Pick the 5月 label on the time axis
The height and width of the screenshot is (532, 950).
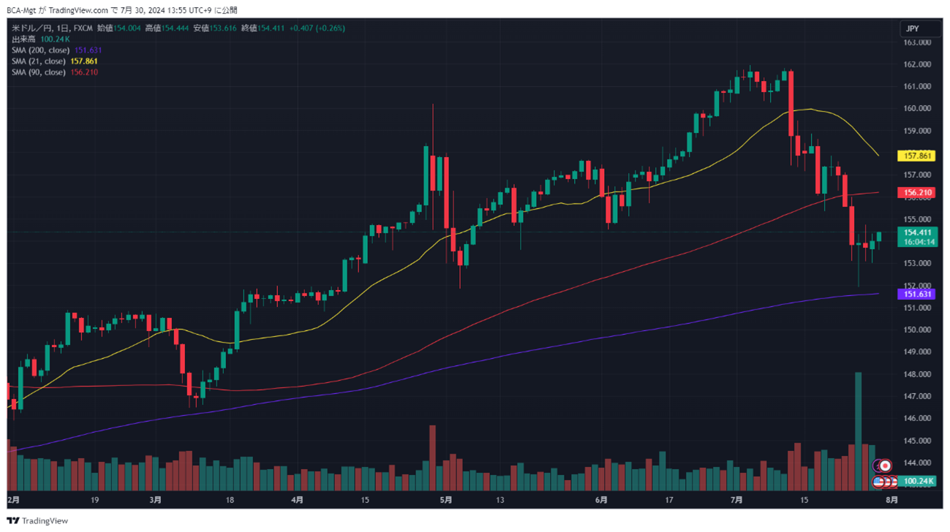coord(446,501)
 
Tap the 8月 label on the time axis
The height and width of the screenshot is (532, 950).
coord(891,501)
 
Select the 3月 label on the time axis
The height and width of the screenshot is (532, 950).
coord(155,501)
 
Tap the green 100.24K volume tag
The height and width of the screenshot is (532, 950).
coord(919,482)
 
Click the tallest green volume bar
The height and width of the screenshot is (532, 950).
coord(858,431)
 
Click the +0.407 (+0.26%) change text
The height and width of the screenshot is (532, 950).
coord(317,28)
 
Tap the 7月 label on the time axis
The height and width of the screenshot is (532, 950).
coord(736,501)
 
